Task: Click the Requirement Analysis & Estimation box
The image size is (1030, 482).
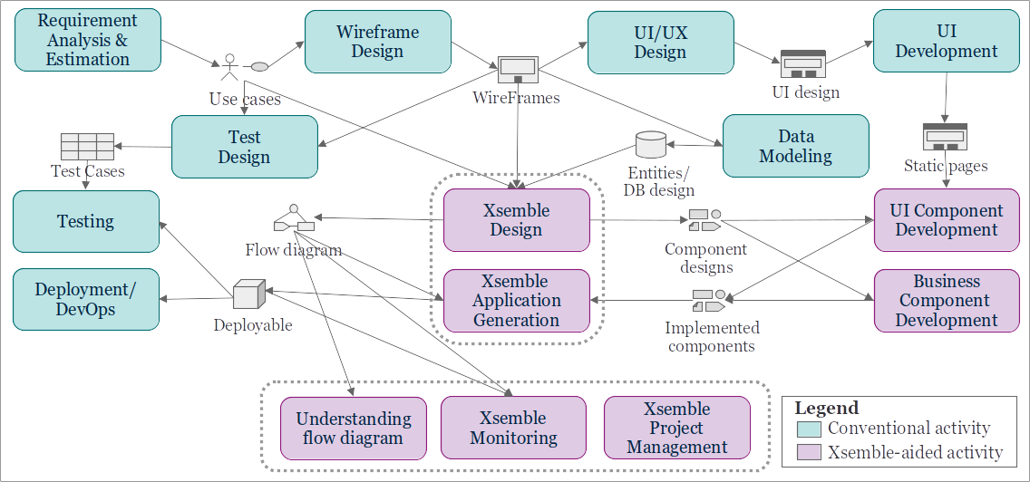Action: (88, 40)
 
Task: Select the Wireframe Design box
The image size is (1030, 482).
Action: (377, 42)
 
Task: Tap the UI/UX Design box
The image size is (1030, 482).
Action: (660, 42)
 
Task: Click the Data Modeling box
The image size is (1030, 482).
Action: (795, 146)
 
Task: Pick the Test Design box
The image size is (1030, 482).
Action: (244, 147)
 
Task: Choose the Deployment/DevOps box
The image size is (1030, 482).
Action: (85, 299)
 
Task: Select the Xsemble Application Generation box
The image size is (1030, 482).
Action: (516, 300)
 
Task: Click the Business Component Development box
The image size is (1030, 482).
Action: (946, 300)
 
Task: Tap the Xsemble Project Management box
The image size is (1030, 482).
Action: (676, 428)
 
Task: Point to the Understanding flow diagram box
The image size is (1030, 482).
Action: (354, 428)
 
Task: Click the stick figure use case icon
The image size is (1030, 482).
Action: (229, 68)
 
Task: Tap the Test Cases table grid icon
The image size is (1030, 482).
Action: (87, 146)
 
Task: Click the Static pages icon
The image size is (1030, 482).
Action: (945, 137)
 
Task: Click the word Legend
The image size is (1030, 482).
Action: (826, 408)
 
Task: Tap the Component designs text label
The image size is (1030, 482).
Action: (705, 257)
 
